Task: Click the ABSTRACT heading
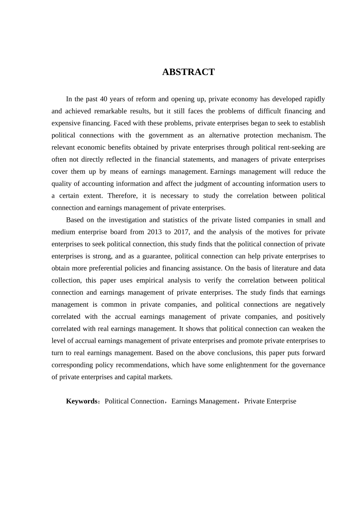coord(188,72)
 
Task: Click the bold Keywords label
coord(82,401)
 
